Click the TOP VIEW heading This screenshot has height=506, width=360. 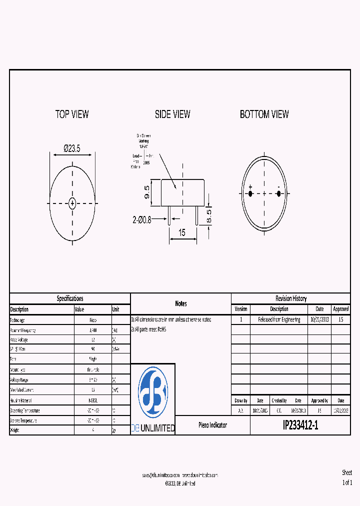(72, 114)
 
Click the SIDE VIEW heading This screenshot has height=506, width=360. (172, 114)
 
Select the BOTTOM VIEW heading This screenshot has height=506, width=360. (264, 114)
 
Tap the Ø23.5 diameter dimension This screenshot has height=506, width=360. (72, 148)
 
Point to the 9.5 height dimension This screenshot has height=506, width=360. (147, 192)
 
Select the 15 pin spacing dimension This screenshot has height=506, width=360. (182, 232)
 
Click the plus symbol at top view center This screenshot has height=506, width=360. (72, 203)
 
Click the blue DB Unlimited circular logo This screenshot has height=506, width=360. (153, 392)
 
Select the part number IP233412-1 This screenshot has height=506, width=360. (300, 425)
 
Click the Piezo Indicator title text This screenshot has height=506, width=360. (212, 425)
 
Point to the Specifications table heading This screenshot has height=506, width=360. (70, 298)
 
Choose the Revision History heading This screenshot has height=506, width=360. (291, 298)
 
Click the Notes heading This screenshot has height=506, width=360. (180, 303)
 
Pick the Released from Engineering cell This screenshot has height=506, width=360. (279, 319)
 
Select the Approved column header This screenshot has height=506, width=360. (340, 309)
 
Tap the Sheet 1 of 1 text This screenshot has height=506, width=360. (347, 478)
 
